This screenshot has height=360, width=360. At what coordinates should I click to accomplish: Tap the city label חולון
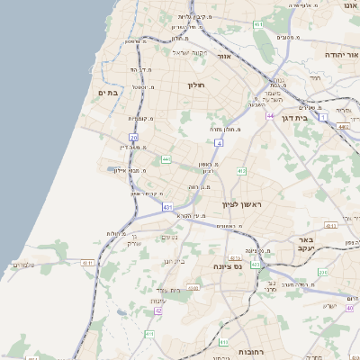196,85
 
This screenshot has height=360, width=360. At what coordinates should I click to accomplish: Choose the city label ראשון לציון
238,204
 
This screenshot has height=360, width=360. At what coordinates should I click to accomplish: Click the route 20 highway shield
147,137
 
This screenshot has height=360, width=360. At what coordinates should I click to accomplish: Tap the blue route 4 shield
219,142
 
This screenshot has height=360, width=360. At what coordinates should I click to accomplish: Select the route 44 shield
269,115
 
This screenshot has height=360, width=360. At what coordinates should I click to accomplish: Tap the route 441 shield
166,159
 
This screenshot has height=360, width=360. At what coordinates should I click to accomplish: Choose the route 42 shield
158,310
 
